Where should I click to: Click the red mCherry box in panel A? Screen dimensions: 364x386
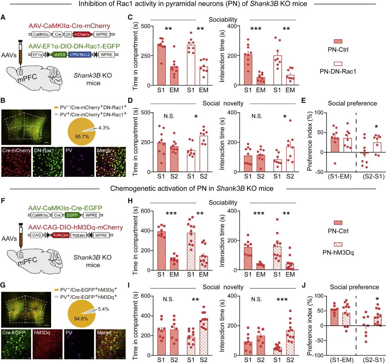81,35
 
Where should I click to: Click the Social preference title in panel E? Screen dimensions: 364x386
353,103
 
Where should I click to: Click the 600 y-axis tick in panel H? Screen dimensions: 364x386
144,211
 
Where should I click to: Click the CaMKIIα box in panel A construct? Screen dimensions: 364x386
41,35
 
